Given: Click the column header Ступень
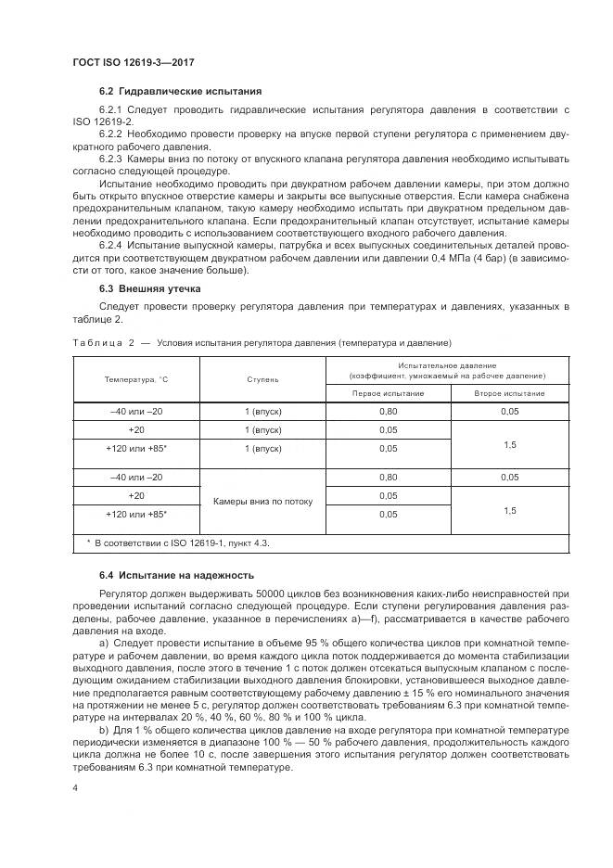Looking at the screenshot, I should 262,379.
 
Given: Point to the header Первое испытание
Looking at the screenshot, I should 388,393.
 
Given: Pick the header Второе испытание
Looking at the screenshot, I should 510,393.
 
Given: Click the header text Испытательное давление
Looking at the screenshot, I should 447,365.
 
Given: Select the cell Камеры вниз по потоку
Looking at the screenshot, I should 262,501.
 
